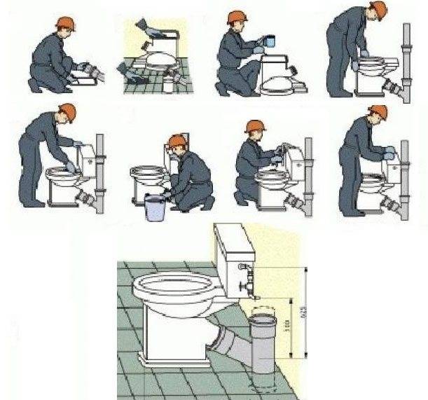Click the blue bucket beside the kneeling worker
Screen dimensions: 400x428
click(x=155, y=209)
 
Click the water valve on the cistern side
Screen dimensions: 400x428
click(x=245, y=284)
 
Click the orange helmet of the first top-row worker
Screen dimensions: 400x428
click(x=66, y=23)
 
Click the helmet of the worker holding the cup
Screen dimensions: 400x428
click(x=235, y=18)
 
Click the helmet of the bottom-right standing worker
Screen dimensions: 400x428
click(x=378, y=111)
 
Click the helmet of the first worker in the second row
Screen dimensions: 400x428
click(x=67, y=111)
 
